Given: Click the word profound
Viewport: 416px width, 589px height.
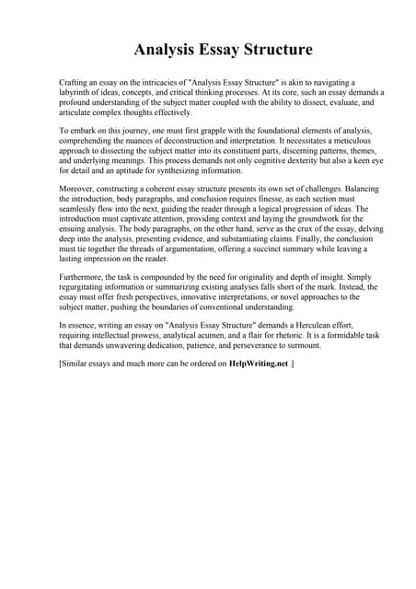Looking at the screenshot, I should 77,103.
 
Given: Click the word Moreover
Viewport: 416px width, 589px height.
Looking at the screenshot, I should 79,189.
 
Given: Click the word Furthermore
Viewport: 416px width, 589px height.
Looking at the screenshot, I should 85,276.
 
